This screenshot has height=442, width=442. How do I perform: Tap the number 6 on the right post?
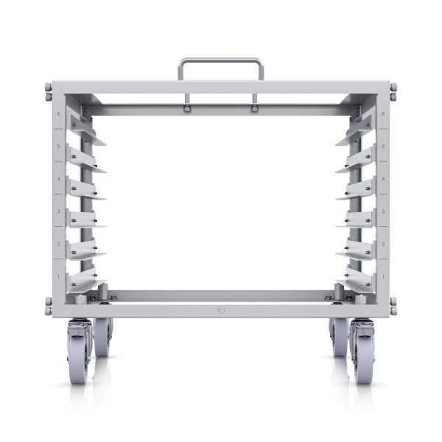(x=384, y=114)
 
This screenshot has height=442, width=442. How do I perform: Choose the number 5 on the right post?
(x=384, y=147)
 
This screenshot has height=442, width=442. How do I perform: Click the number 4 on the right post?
(x=384, y=179)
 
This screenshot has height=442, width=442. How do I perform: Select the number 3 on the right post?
(x=384, y=211)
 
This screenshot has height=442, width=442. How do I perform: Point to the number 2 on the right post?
(x=384, y=244)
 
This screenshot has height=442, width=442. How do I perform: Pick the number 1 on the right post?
(x=384, y=276)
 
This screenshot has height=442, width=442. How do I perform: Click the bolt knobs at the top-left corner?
(x=48, y=92)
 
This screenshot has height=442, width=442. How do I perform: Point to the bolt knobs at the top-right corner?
(x=393, y=92)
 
